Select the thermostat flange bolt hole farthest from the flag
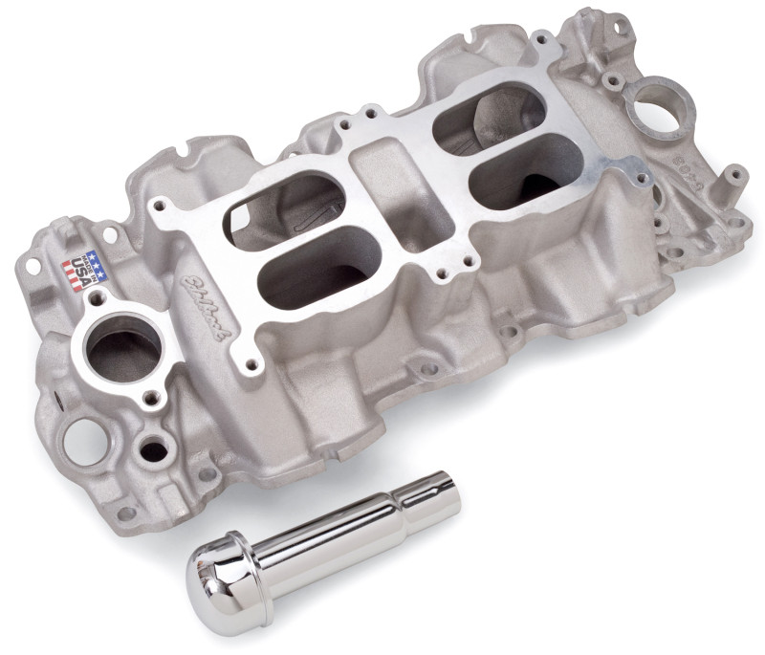tap(149, 395)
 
